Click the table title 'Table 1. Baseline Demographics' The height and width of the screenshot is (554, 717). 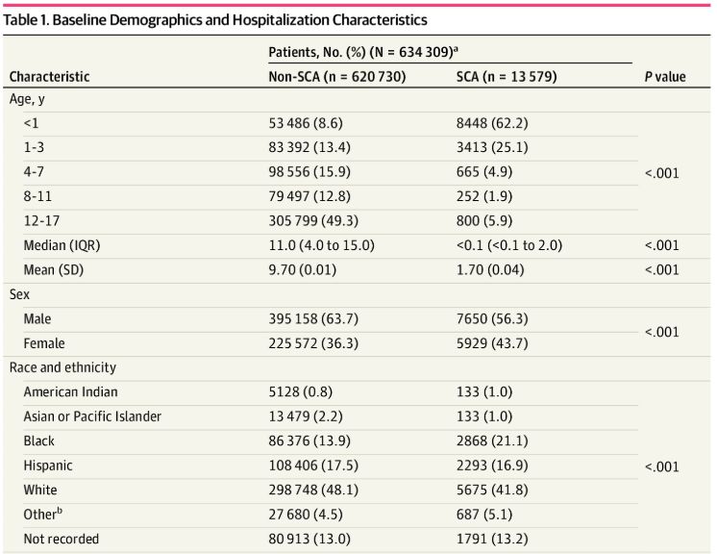click(x=216, y=19)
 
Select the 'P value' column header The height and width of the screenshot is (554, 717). click(x=664, y=77)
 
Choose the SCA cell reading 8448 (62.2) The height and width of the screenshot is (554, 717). click(x=491, y=123)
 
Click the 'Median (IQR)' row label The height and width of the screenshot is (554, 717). click(x=62, y=244)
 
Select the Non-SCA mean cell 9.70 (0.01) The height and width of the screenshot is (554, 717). click(x=307, y=269)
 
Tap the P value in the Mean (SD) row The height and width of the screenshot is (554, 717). click(x=664, y=269)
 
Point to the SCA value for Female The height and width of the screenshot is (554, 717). click(x=491, y=342)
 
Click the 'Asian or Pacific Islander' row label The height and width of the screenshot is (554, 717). click(x=92, y=415)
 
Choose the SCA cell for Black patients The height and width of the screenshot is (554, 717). click(x=491, y=441)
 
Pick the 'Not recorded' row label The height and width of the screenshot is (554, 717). click(x=61, y=539)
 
